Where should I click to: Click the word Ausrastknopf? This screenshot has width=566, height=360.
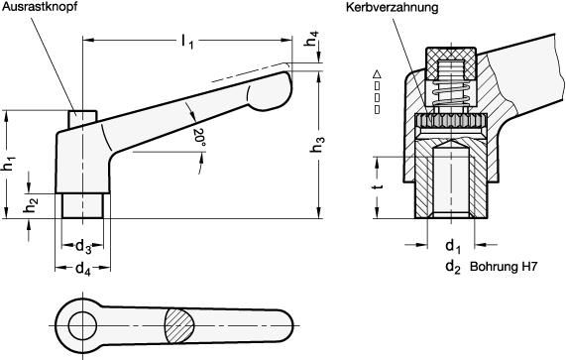tap(40, 7)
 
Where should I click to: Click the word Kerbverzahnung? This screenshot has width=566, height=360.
tap(392, 7)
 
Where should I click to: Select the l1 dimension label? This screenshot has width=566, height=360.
tap(187, 41)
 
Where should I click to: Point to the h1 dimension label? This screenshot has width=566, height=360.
tap(10, 164)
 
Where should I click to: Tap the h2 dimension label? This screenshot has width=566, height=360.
tap(32, 204)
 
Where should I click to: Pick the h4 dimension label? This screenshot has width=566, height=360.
tap(311, 39)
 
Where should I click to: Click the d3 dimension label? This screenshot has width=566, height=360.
tap(83, 247)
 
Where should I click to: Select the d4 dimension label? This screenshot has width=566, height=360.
tap(83, 269)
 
